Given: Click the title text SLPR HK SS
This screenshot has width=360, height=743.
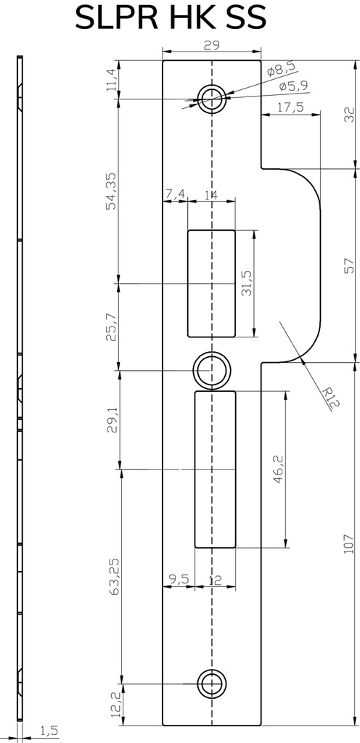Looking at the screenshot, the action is pyautogui.click(x=171, y=18).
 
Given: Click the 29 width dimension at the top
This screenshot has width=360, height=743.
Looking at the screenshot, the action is pyautogui.click(x=211, y=46).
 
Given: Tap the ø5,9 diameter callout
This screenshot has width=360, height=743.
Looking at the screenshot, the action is pyautogui.click(x=294, y=86).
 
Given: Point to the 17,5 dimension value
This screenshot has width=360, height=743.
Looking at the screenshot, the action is pyautogui.click(x=290, y=107).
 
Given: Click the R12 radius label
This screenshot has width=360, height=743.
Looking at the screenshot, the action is pyautogui.click(x=330, y=398).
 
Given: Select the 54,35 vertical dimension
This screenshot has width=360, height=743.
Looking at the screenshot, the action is pyautogui.click(x=111, y=192).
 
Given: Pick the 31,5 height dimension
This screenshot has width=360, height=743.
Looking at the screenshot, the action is pyautogui.click(x=246, y=284).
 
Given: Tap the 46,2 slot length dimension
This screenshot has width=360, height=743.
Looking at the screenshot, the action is pyautogui.click(x=278, y=470).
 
